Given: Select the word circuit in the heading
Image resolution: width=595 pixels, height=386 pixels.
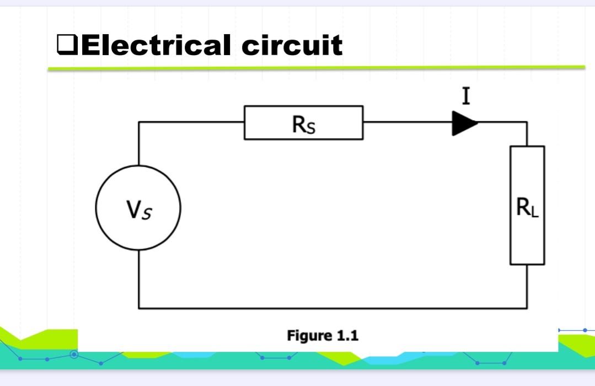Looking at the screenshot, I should (x=292, y=45).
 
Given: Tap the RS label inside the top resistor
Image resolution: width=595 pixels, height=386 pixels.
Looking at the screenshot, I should (x=304, y=125).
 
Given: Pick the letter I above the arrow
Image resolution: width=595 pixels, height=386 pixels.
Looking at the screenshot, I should (x=467, y=97).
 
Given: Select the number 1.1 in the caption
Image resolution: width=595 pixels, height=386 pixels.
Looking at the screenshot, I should (x=347, y=335).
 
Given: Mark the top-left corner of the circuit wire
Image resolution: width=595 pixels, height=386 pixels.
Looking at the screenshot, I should (x=138, y=122).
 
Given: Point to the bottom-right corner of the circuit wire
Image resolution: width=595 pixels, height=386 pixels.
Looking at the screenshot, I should (x=527, y=308).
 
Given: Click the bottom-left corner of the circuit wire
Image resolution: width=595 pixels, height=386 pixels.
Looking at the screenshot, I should (x=138, y=308).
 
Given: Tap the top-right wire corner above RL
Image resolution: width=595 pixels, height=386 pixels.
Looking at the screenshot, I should (x=527, y=122).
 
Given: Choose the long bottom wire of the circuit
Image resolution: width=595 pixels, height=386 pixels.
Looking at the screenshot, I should (x=331, y=308).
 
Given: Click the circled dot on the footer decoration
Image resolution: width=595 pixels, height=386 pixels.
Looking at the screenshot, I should (x=74, y=354).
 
